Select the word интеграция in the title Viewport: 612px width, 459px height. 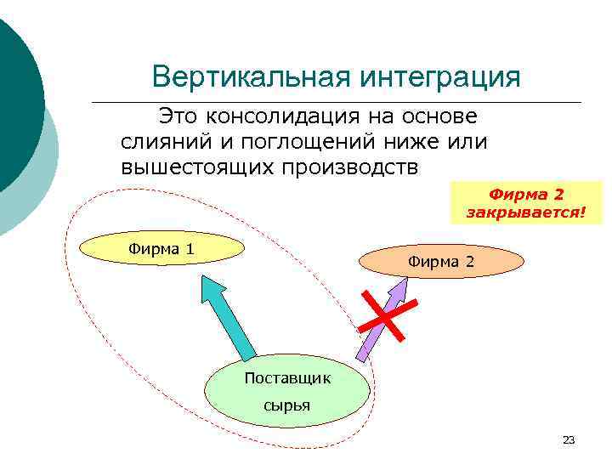point(439,77)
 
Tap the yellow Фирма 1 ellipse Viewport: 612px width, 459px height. point(161,248)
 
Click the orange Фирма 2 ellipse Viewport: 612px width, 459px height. point(441,261)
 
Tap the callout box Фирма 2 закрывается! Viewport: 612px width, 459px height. point(526,202)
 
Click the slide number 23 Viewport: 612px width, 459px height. point(569,439)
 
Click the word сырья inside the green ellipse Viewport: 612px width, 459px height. point(286,405)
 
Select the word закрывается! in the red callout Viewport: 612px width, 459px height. point(526,211)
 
